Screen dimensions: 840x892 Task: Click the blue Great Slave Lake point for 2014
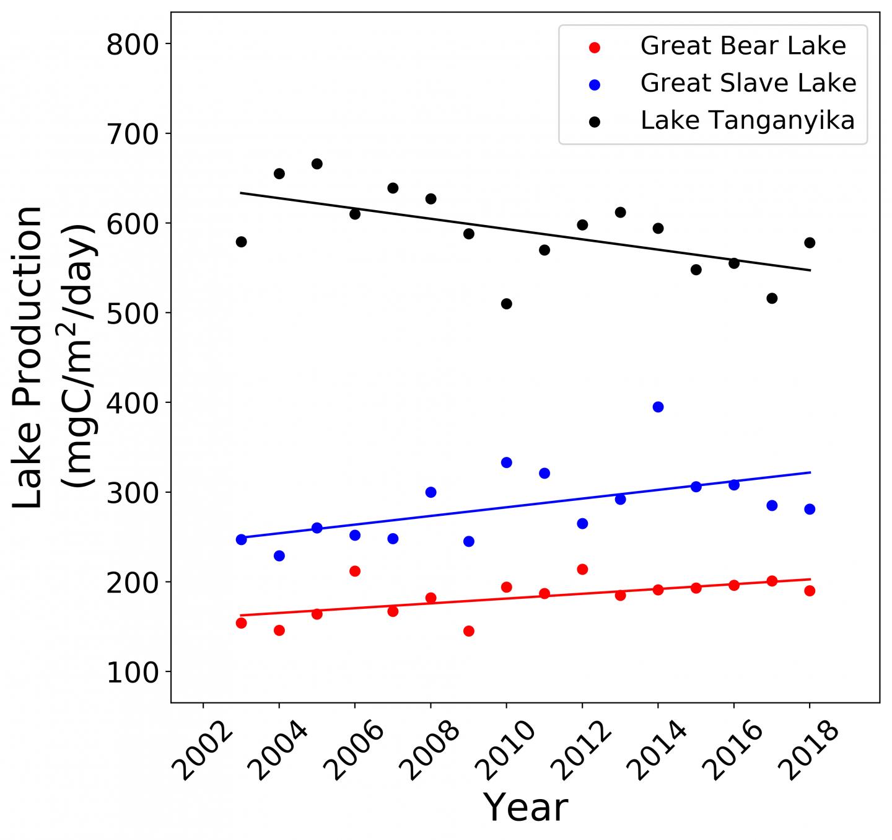coord(658,407)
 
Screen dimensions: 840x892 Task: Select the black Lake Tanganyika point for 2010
coord(506,304)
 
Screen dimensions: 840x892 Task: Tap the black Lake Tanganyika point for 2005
coord(317,164)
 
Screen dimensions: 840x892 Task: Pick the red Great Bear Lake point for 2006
coord(355,571)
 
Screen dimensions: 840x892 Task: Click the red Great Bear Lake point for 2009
coord(468,631)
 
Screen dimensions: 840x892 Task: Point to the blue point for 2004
coord(279,555)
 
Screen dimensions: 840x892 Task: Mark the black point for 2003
coord(241,242)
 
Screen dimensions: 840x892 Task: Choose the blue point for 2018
coord(809,509)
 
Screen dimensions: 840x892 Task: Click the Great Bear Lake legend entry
coord(743,46)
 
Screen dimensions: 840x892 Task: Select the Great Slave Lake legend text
coord(748,83)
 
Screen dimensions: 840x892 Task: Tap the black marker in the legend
coord(595,122)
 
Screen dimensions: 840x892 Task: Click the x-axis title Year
coord(525,808)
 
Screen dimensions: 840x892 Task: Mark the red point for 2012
coord(582,569)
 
